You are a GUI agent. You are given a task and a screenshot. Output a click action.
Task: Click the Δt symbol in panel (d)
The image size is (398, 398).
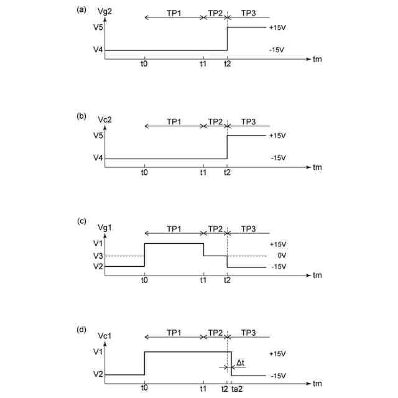(241, 361)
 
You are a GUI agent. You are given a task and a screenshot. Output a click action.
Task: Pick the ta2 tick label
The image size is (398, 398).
(238, 388)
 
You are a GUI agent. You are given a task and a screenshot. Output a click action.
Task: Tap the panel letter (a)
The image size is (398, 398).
(80, 9)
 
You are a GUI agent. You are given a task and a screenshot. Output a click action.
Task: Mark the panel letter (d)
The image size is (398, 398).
(80, 330)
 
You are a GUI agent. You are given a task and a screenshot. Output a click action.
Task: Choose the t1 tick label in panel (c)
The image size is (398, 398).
(203, 280)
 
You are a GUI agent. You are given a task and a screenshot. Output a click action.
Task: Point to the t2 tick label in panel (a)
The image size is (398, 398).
(227, 63)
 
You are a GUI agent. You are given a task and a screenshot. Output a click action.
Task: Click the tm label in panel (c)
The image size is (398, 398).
(318, 275)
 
